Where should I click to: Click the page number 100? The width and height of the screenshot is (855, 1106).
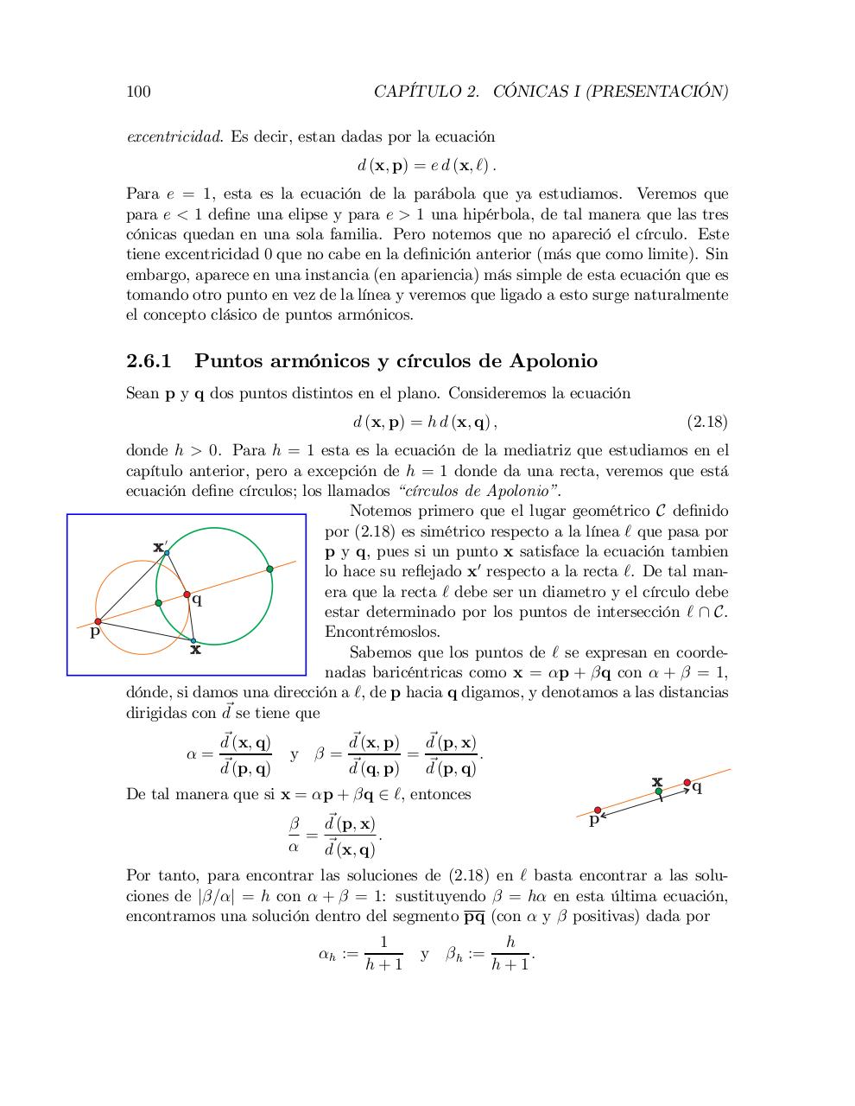tap(138, 92)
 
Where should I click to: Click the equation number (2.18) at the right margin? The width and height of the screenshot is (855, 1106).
tap(706, 423)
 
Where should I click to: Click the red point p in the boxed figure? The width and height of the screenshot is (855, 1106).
tap(98, 621)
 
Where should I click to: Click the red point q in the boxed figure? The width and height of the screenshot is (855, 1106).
tap(187, 594)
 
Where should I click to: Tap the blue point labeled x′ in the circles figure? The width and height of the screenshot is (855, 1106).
tap(167, 552)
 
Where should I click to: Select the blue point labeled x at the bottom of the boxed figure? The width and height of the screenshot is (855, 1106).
tap(193, 641)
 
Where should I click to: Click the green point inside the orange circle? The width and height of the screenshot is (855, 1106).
tap(158, 603)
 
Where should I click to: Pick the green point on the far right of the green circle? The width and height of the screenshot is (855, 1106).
tap(269, 569)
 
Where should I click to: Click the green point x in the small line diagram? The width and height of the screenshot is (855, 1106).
tap(658, 791)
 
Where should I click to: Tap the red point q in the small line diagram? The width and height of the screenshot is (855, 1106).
tap(687, 783)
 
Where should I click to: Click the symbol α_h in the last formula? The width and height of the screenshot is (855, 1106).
tap(328, 955)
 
